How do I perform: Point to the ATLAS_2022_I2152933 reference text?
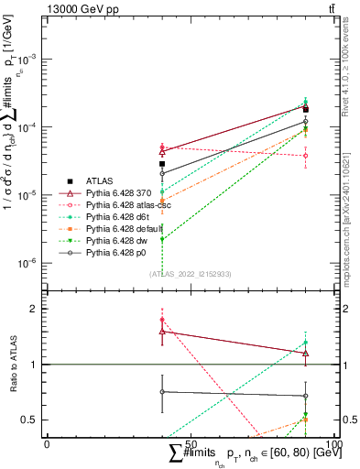click(x=189, y=274)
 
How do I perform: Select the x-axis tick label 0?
click(x=47, y=444)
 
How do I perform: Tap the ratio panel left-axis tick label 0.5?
click(x=27, y=420)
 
